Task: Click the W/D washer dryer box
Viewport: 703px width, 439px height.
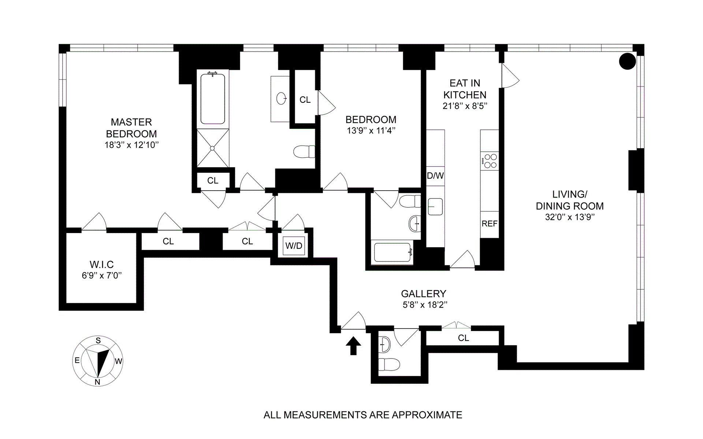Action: point(294,245)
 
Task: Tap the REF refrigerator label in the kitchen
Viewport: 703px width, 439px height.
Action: point(490,224)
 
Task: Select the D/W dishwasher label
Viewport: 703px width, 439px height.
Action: point(435,176)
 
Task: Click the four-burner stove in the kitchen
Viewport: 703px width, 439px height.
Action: point(490,161)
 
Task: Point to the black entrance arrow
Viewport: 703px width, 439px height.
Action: point(353,346)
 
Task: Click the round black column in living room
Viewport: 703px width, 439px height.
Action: point(627,61)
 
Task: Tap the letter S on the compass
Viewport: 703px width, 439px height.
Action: point(98,341)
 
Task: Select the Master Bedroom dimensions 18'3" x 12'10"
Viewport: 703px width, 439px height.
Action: point(131,145)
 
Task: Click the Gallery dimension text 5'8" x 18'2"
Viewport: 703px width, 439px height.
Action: point(425,305)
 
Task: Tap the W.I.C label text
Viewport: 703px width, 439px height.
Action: point(102,264)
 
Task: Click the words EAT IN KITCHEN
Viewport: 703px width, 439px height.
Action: point(465,89)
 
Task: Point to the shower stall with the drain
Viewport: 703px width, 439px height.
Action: point(213,148)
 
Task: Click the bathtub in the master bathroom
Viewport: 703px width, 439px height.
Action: point(213,98)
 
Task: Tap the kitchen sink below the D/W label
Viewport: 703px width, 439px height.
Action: point(435,206)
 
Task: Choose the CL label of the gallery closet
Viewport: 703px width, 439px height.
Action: point(464,338)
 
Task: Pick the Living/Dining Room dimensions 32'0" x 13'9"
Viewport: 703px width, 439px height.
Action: point(570,217)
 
